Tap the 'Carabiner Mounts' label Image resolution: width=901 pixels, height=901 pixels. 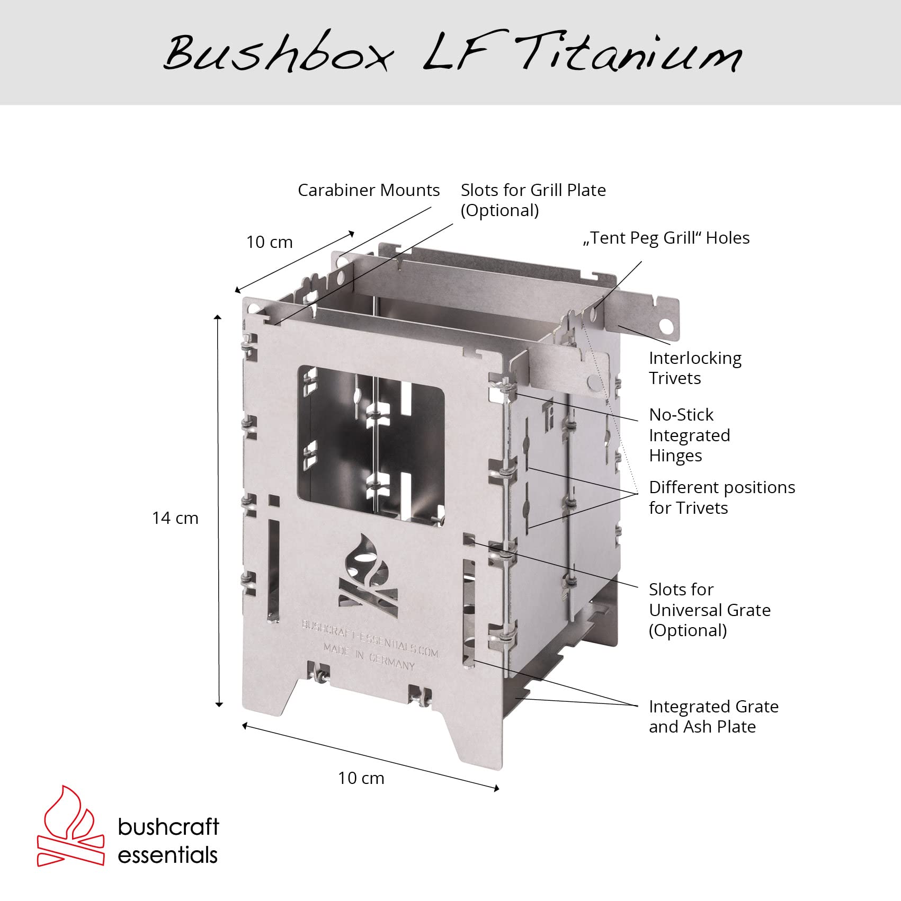369,190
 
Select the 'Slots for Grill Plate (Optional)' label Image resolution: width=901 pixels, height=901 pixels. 533,200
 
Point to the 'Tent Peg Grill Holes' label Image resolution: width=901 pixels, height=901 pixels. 666,238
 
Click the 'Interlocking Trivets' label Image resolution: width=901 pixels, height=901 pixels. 695,368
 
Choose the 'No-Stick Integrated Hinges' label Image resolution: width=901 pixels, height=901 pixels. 690,435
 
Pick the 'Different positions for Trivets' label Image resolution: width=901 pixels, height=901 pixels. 722,497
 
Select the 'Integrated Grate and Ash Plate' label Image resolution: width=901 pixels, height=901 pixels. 713,716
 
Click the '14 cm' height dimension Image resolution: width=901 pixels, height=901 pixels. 175,518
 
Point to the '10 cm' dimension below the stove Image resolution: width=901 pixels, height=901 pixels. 361,778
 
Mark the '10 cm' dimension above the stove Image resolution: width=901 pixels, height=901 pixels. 269,242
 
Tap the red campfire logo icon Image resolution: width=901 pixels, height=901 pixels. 70,826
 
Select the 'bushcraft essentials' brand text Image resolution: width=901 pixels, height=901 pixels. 168,841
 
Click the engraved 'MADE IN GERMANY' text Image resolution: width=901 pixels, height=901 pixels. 369,657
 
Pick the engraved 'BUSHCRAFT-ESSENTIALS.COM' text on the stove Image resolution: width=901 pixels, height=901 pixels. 370,639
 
